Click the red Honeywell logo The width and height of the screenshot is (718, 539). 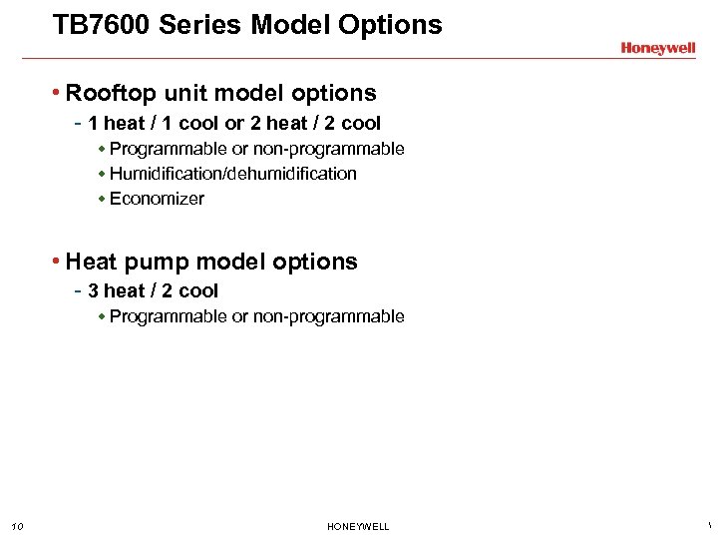657,48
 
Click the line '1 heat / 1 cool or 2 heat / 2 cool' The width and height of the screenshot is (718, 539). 234,124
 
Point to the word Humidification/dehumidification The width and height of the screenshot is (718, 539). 232,174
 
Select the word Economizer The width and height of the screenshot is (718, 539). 157,199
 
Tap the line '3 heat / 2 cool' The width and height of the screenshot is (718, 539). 153,291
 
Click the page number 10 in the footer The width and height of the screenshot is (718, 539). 17,527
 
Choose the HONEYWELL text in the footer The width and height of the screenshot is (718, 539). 358,527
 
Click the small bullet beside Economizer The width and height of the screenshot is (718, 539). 102,199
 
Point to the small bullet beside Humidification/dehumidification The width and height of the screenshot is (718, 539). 102,174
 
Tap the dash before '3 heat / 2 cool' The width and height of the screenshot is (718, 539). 78,291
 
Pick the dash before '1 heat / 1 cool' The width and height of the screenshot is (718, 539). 78,124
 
